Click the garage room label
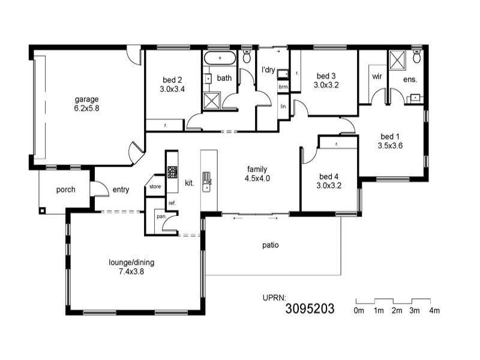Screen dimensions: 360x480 (x=86, y=99)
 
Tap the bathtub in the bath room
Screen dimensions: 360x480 (x=220, y=59)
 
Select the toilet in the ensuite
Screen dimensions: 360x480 (x=417, y=58)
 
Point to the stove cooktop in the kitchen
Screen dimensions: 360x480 (x=172, y=172)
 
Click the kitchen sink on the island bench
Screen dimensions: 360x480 (x=207, y=179)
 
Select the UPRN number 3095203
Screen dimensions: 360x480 (x=310, y=309)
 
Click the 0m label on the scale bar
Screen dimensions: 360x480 (x=359, y=311)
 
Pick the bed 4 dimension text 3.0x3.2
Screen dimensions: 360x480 (x=329, y=185)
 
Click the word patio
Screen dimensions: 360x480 (x=271, y=245)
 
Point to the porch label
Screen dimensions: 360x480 (x=65, y=190)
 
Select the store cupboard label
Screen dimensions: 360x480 (x=155, y=187)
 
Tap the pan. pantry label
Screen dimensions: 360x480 (x=161, y=216)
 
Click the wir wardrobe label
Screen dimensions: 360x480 (x=377, y=77)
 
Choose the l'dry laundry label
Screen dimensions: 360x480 (x=268, y=70)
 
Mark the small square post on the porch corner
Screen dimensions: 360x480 (x=42, y=211)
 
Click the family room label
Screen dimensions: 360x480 (x=257, y=169)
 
